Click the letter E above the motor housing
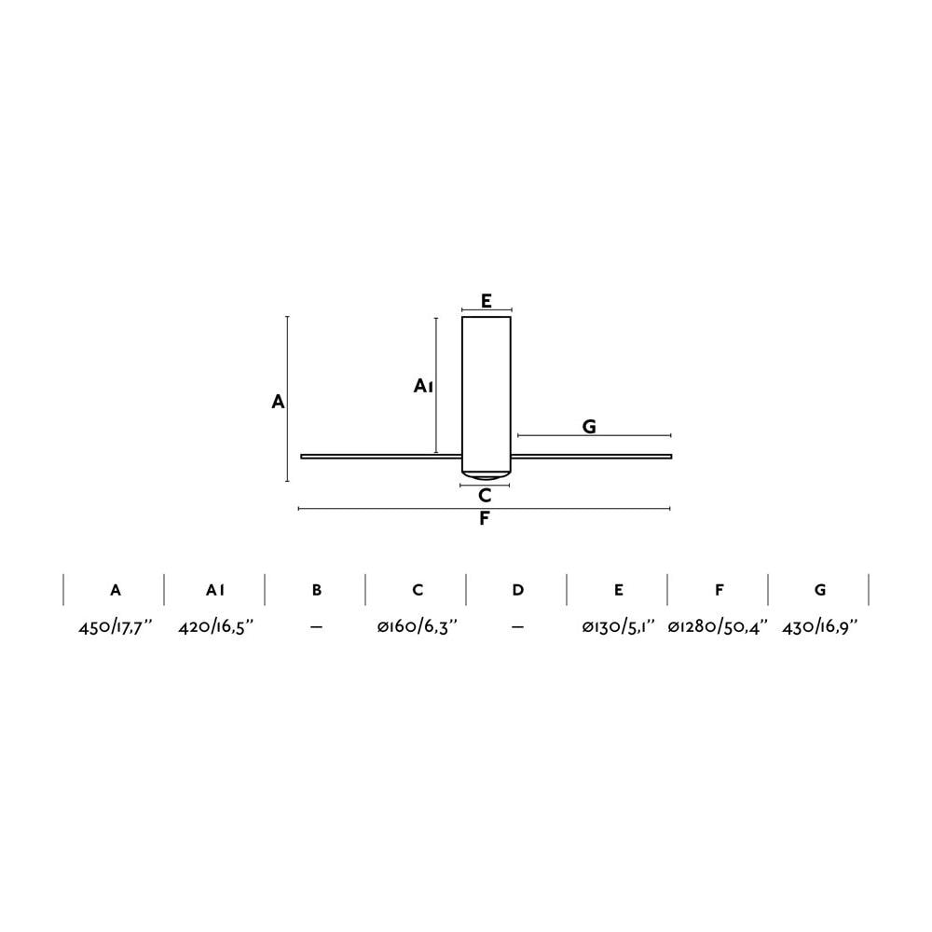click(x=487, y=301)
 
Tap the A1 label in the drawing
click(x=423, y=387)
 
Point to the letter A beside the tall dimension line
click(x=278, y=402)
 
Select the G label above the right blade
click(x=588, y=426)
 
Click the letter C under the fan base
click(x=485, y=495)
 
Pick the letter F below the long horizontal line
click(x=485, y=518)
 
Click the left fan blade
click(x=381, y=457)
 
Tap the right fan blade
click(x=592, y=457)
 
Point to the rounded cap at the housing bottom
click(x=487, y=475)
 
